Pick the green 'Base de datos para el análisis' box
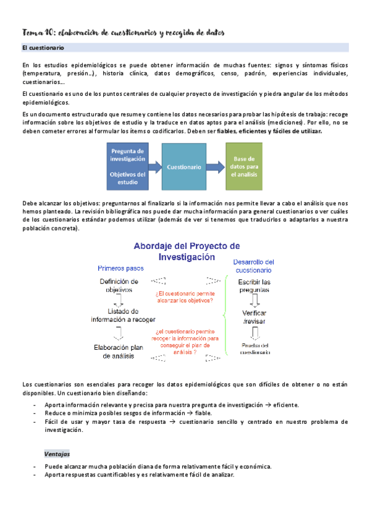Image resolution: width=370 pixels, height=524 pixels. click(246, 166)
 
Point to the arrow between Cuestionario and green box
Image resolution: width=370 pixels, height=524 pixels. click(216, 166)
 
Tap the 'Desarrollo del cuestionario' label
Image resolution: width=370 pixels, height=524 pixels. click(254, 266)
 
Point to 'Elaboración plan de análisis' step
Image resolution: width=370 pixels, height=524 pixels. click(119, 352)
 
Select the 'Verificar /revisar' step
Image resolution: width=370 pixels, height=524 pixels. click(254, 317)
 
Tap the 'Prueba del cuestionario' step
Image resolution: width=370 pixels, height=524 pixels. click(254, 349)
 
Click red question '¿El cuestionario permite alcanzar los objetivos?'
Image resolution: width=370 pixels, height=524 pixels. click(185, 297)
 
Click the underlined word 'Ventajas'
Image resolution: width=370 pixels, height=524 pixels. click(57, 454)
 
